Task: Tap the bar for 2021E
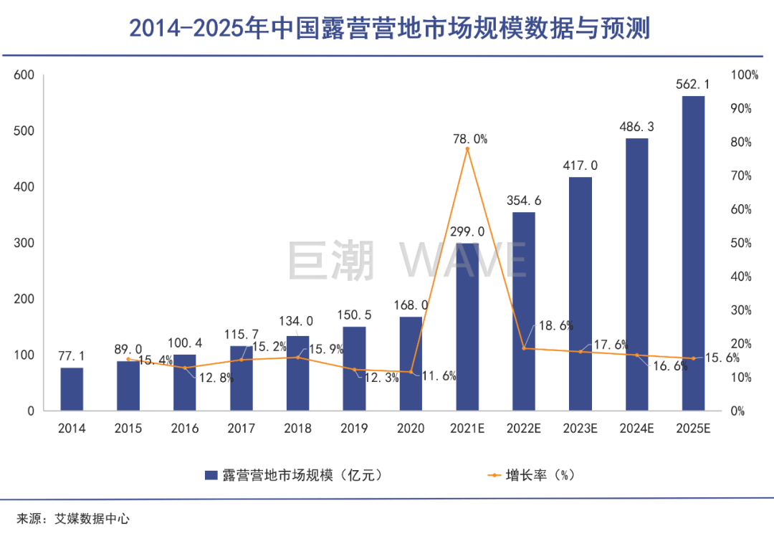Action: pos(467,327)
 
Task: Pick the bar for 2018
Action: pos(297,373)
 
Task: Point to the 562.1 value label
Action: pos(693,85)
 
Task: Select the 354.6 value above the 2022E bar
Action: pos(523,201)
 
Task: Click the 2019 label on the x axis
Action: pos(354,429)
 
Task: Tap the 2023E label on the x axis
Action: pos(580,429)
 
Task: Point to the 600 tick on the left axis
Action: pos(24,75)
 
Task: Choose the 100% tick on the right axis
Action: pos(744,75)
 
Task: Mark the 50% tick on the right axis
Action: pos(741,243)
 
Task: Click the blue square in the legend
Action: pos(211,475)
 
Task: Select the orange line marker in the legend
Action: pos(494,475)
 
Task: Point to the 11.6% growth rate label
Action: pos(439,375)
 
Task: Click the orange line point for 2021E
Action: pos(467,149)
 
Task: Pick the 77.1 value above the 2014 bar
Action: pos(72,356)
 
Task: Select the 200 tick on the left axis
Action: pos(24,299)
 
